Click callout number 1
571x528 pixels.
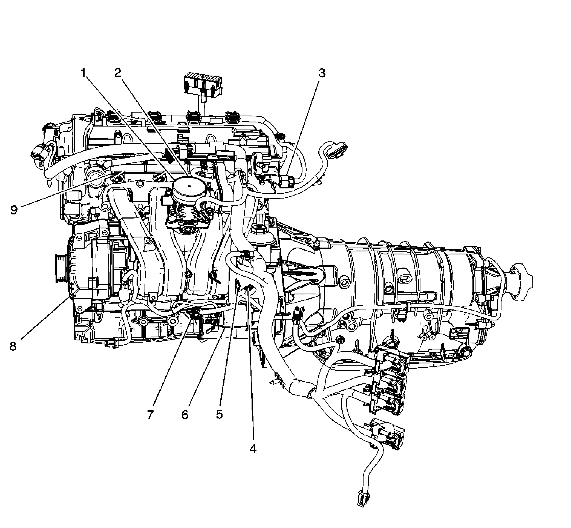click(x=83, y=73)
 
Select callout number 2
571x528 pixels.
click(x=117, y=73)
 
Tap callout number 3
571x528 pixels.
click(x=322, y=73)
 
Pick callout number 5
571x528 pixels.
click(x=219, y=415)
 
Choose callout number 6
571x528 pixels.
click(x=185, y=415)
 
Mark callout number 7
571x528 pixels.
click(x=151, y=415)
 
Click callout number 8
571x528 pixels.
click(x=13, y=347)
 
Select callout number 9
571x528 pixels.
click(x=14, y=210)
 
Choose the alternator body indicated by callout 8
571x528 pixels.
click(x=88, y=271)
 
